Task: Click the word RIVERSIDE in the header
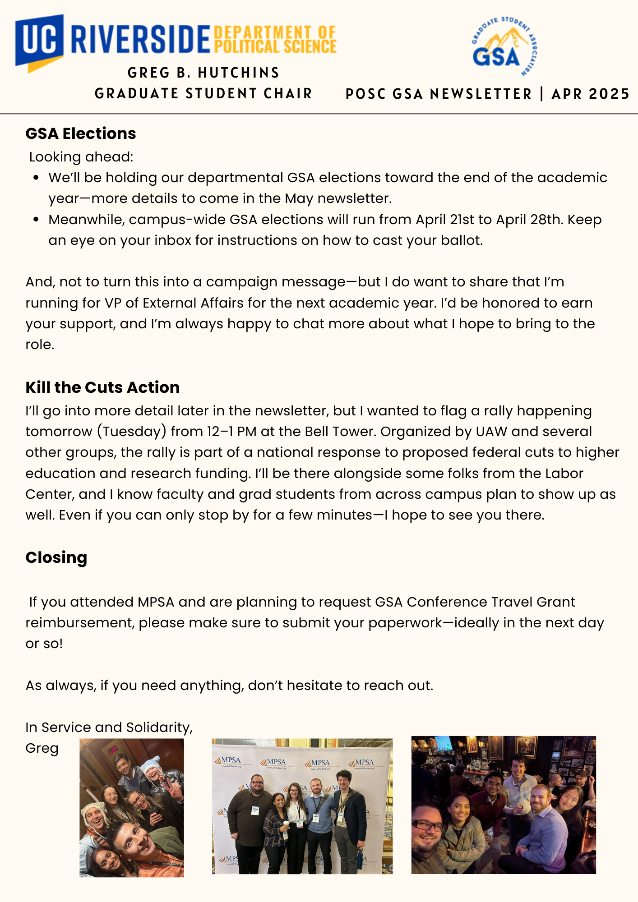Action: tap(140, 40)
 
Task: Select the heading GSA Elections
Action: tap(81, 133)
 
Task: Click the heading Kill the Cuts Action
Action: tap(102, 387)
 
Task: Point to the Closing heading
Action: tap(56, 557)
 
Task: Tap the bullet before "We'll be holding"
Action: tap(37, 178)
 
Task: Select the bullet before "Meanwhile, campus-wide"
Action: tap(37, 220)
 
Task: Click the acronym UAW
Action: tap(491, 432)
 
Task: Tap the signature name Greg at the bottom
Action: tap(42, 748)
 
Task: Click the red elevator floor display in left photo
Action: tap(113, 750)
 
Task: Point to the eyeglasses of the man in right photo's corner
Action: tap(427, 826)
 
